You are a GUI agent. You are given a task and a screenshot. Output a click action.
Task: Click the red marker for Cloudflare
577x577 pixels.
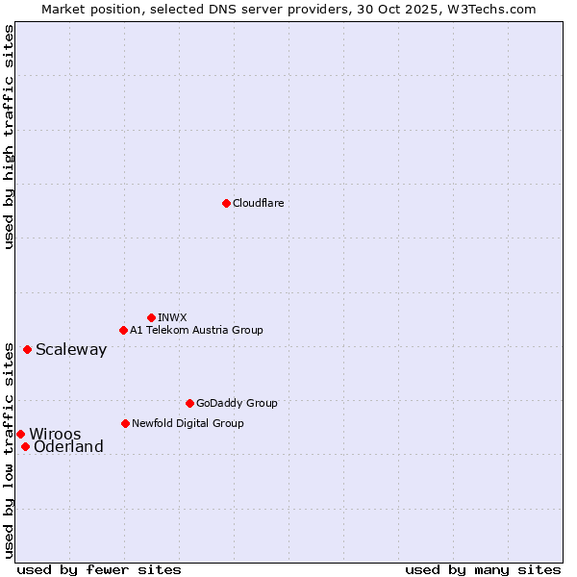click(226, 203)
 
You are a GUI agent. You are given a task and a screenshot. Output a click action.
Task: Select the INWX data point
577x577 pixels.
click(151, 317)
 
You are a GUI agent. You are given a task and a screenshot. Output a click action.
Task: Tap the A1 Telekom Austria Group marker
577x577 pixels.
click(123, 330)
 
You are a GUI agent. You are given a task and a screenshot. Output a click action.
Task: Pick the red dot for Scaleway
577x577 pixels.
click(27, 349)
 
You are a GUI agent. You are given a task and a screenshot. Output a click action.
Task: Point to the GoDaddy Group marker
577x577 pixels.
click(189, 403)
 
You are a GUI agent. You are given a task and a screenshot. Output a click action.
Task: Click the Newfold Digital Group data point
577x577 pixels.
click(125, 423)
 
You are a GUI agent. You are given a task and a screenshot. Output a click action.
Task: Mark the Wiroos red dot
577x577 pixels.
click(20, 434)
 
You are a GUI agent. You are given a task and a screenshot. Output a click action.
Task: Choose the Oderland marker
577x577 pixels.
click(25, 446)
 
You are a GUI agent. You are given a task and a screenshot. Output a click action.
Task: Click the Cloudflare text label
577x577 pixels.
click(258, 203)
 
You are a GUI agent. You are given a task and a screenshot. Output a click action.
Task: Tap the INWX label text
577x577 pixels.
click(172, 317)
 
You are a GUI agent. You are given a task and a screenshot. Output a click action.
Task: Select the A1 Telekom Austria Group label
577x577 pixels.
click(196, 330)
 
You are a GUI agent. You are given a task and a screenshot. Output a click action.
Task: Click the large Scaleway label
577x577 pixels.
click(71, 349)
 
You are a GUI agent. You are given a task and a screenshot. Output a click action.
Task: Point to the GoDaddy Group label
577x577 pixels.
click(237, 403)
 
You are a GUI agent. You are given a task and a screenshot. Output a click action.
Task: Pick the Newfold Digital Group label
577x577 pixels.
click(188, 423)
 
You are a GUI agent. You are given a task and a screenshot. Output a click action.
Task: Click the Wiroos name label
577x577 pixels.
click(55, 434)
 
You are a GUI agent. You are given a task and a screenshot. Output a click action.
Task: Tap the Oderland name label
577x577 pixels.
click(68, 446)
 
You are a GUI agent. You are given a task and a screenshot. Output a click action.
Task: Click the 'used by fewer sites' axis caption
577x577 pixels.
click(99, 569)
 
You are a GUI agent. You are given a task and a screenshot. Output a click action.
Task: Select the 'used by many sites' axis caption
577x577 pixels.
click(483, 569)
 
